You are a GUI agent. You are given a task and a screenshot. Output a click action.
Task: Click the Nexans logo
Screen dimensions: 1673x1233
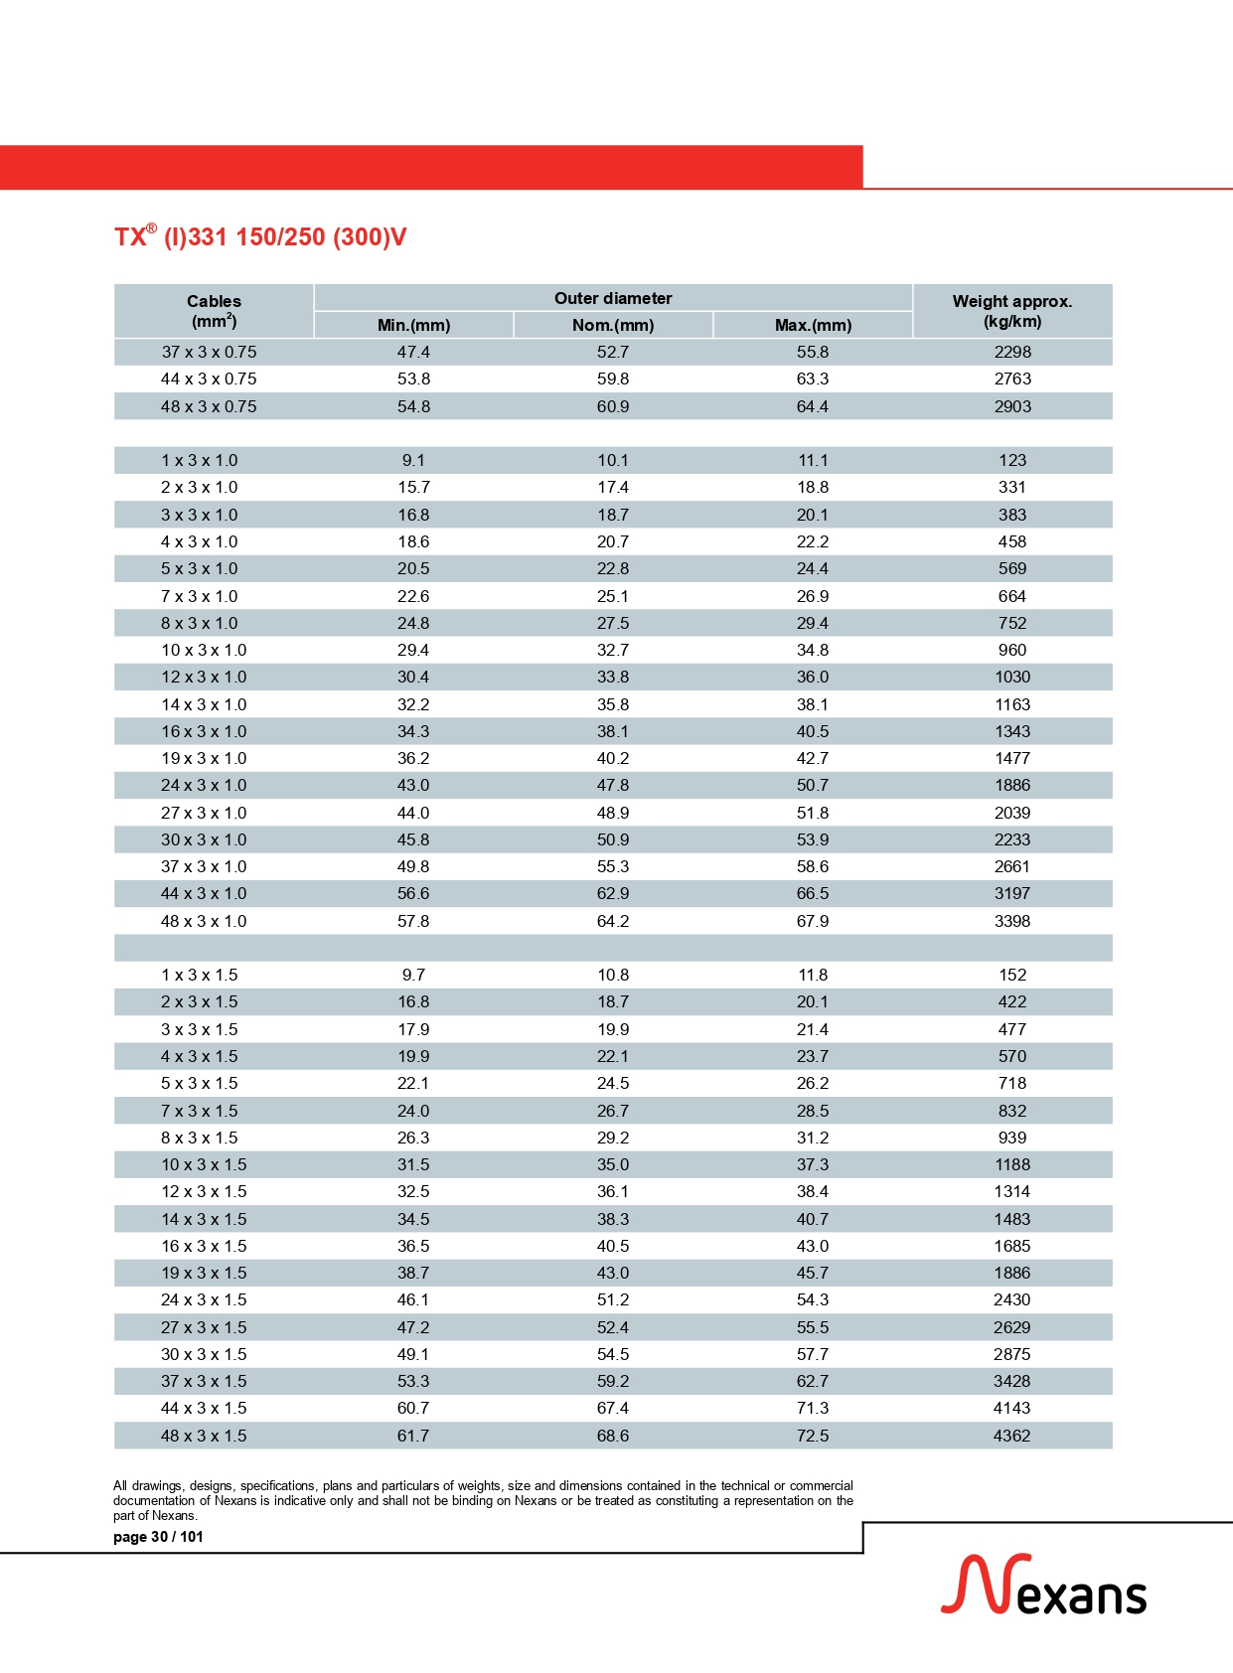click(x=1043, y=1587)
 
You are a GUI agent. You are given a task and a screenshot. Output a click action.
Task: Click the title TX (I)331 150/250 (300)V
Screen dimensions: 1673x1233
click(x=260, y=237)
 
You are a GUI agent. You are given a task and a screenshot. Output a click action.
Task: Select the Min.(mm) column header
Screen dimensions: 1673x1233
click(x=413, y=325)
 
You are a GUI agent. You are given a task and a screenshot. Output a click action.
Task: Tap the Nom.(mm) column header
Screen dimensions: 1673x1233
click(x=613, y=325)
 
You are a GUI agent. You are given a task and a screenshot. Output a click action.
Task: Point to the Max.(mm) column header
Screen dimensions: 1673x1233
click(x=813, y=325)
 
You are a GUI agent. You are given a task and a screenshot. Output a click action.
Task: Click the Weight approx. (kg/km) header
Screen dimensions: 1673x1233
click(x=1011, y=311)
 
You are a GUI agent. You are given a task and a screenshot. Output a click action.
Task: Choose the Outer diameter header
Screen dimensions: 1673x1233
click(x=613, y=298)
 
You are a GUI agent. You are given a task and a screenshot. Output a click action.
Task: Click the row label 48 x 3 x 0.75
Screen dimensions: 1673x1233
click(x=209, y=406)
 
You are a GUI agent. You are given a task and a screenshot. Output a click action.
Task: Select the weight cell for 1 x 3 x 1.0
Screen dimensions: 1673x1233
click(x=1012, y=460)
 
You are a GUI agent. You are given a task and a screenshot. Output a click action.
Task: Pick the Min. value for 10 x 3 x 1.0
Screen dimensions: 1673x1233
click(x=413, y=650)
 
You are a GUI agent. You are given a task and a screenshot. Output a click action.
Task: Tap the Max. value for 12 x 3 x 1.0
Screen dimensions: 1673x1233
click(x=813, y=677)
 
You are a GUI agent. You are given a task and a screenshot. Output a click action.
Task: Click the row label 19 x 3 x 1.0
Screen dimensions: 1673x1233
click(x=204, y=758)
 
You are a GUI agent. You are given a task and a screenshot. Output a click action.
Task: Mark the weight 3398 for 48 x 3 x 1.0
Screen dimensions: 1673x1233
click(x=1012, y=921)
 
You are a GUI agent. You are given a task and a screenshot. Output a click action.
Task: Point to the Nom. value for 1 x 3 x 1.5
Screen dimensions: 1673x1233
click(x=613, y=975)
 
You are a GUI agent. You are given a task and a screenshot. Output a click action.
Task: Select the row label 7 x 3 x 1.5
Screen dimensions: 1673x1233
click(x=200, y=1111)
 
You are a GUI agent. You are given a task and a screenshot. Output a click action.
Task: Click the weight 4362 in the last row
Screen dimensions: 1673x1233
click(x=1012, y=1436)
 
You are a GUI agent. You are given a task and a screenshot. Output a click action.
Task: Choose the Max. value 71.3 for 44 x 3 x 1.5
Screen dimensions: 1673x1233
click(x=813, y=1408)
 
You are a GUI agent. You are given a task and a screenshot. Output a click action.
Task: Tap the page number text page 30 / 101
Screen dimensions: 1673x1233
click(x=158, y=1537)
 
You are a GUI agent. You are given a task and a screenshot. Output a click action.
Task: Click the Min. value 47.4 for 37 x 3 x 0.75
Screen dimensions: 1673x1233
click(x=413, y=352)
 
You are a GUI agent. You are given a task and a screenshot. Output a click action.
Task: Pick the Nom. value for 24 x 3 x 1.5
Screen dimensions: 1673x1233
click(x=613, y=1299)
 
